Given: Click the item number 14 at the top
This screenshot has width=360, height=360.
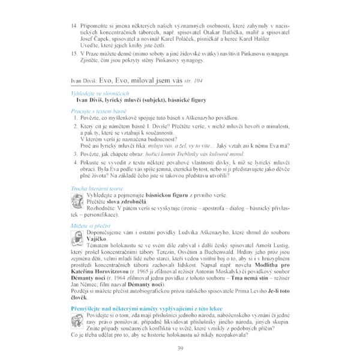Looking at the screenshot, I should [74, 27].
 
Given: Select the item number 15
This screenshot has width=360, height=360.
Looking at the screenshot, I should [74, 53].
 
